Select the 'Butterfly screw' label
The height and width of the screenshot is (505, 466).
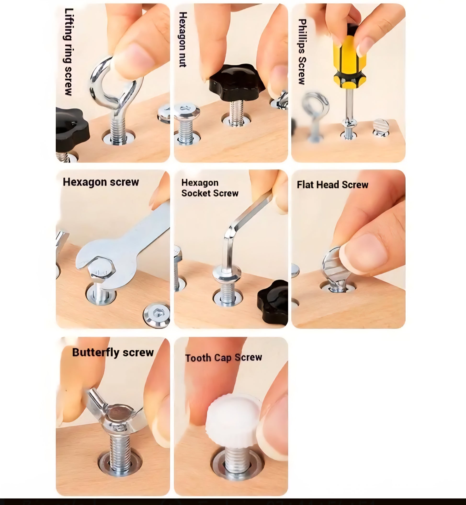113,353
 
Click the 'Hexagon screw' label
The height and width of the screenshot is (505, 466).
101,182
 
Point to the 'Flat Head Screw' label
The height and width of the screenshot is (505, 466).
332,185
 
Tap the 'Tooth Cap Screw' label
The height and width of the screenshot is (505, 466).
223,358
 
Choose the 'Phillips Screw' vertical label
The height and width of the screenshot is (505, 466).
302,52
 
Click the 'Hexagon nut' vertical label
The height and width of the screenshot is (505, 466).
183,39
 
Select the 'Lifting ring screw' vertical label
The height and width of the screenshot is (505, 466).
68,52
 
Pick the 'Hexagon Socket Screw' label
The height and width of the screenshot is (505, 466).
210,188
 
